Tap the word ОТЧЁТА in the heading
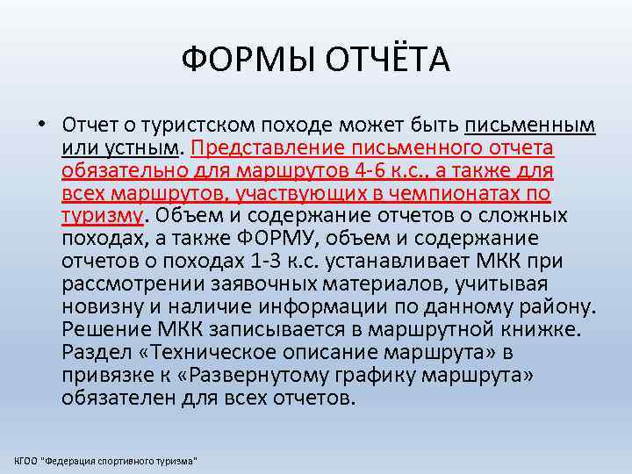(375, 61)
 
